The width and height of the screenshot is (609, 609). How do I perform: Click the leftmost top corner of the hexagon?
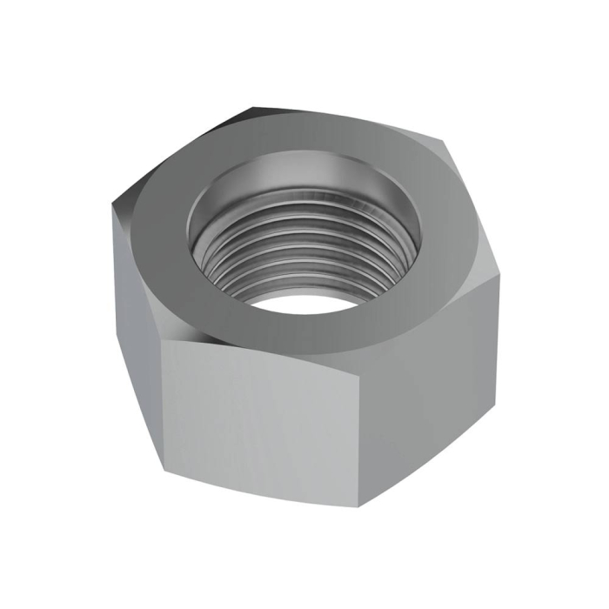pos(113,205)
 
